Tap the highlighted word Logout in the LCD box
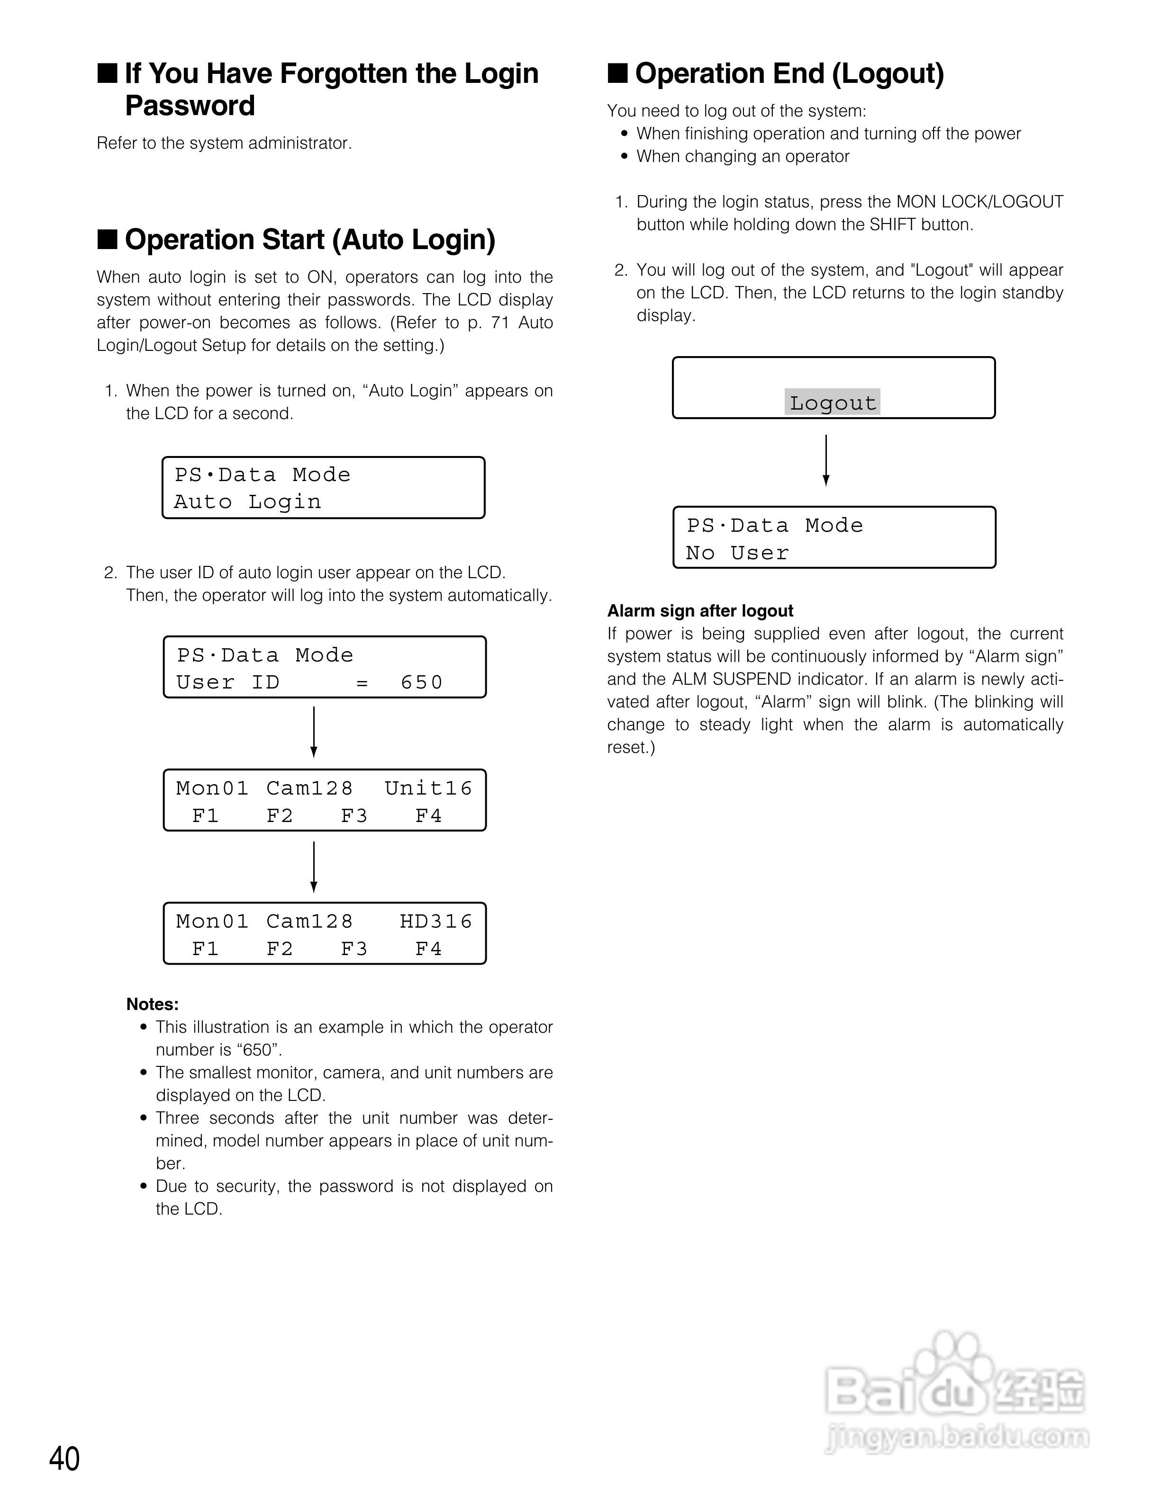pyautogui.click(x=833, y=402)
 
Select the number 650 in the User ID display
pyautogui.click(x=422, y=682)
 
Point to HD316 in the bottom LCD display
pyautogui.click(x=436, y=921)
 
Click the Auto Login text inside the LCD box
pyautogui.click(x=248, y=502)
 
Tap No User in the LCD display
pyautogui.click(x=737, y=553)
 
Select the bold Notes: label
pyautogui.click(x=153, y=1004)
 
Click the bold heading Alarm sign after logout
pyautogui.click(x=700, y=611)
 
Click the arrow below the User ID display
pyautogui.click(x=314, y=732)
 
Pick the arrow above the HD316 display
pyautogui.click(x=314, y=867)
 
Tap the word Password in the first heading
pyautogui.click(x=190, y=106)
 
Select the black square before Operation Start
pyautogui.click(x=108, y=239)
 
